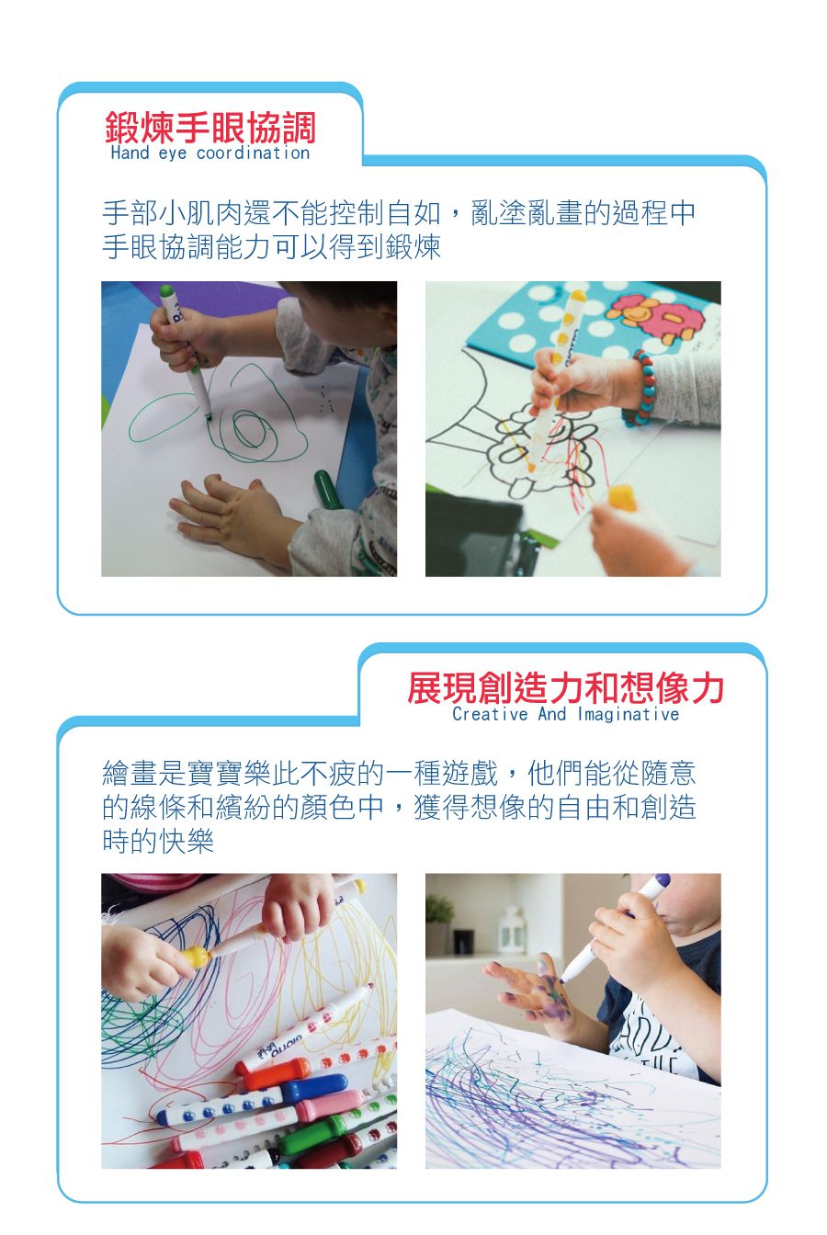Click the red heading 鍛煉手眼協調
pyautogui.click(x=210, y=127)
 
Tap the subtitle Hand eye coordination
pyautogui.click(x=210, y=153)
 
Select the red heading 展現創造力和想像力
pyautogui.click(x=565, y=687)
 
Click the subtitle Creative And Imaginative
pyautogui.click(x=565, y=714)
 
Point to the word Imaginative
pyautogui.click(x=629, y=714)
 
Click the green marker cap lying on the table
pyautogui.click(x=326, y=488)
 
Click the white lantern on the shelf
pyautogui.click(x=511, y=928)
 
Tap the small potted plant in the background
pyautogui.click(x=439, y=919)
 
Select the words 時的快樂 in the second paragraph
pyautogui.click(x=157, y=840)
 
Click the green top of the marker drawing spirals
pyautogui.click(x=167, y=292)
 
